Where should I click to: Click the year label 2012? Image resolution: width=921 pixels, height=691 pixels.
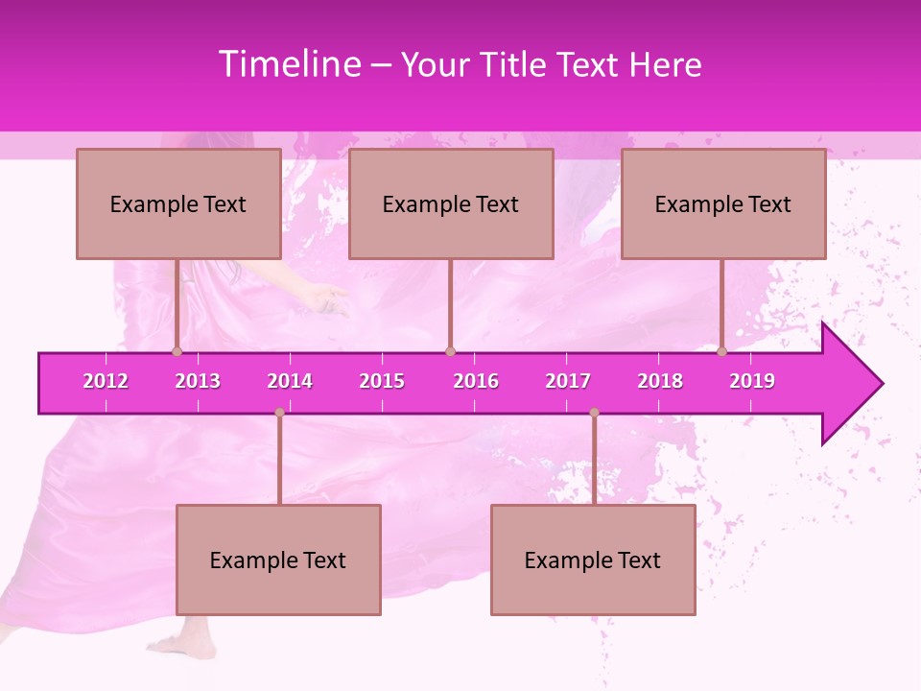pyautogui.click(x=106, y=381)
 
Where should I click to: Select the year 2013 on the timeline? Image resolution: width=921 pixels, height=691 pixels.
pyautogui.click(x=198, y=381)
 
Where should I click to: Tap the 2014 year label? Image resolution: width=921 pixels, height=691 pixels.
pyautogui.click(x=290, y=381)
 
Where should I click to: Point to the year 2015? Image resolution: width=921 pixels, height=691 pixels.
pyautogui.click(x=382, y=381)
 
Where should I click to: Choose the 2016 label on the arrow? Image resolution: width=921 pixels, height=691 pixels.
pyautogui.click(x=476, y=381)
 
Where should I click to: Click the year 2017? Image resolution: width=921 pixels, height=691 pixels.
pyautogui.click(x=568, y=381)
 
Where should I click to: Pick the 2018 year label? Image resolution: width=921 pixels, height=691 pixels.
pyautogui.click(x=660, y=381)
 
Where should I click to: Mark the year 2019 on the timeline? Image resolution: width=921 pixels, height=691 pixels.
pyautogui.click(x=752, y=381)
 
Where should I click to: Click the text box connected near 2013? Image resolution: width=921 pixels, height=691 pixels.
pyautogui.click(x=178, y=203)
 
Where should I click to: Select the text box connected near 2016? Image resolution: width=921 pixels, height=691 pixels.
pyautogui.click(x=451, y=203)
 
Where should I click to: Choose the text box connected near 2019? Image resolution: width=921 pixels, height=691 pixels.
pyautogui.click(x=723, y=203)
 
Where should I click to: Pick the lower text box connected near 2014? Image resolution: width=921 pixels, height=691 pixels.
pyautogui.click(x=278, y=560)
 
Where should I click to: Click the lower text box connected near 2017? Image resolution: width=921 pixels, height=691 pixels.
pyautogui.click(x=593, y=560)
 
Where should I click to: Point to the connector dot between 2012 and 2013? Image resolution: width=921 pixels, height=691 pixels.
pyautogui.click(x=177, y=352)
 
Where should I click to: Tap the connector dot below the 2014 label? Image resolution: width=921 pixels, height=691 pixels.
pyautogui.click(x=279, y=413)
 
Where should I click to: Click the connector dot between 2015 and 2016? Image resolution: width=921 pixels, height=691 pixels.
pyautogui.click(x=450, y=352)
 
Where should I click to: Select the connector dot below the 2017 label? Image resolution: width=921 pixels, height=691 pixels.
pyautogui.click(x=594, y=413)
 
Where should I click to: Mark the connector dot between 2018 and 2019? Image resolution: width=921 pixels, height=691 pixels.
pyautogui.click(x=722, y=352)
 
